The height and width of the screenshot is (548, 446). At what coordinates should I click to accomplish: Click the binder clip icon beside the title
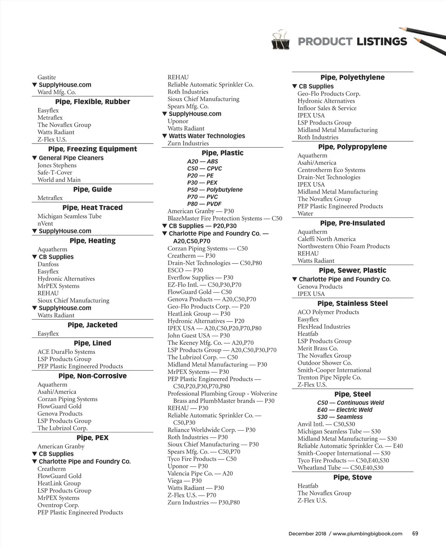pos(281,40)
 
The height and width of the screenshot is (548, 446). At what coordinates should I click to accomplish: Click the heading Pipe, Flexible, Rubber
pos(93,101)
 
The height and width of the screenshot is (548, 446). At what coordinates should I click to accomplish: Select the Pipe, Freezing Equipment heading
pos(93,149)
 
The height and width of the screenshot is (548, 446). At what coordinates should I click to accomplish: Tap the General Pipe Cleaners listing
pos(71,158)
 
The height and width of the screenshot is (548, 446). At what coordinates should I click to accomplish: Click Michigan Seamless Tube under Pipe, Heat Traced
pos(70,216)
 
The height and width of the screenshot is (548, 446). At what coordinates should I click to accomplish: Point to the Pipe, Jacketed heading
pos(93,325)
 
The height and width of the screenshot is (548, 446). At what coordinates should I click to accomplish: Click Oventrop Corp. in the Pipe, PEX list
pos(58,505)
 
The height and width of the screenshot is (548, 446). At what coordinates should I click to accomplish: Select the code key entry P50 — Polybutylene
pos(215,190)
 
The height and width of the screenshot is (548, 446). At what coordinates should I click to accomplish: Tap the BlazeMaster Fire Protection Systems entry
pos(225,219)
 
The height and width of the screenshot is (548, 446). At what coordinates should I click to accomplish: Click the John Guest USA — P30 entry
pos(198,335)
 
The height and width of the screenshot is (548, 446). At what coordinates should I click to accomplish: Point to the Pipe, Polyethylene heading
pos(352,77)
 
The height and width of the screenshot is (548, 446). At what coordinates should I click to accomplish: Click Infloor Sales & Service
pos(327,108)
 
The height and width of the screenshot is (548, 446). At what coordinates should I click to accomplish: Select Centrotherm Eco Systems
pos(331,170)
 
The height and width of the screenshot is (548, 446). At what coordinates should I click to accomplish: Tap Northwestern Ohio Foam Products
pos(343,246)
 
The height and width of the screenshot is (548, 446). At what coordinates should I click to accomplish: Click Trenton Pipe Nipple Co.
pos(329,377)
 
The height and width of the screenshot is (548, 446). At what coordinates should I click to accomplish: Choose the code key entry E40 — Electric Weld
pos(345,410)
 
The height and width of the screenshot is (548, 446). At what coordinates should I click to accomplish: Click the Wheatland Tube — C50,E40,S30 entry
pos(340,468)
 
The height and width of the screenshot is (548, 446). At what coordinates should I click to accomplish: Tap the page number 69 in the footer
pos(415,534)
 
